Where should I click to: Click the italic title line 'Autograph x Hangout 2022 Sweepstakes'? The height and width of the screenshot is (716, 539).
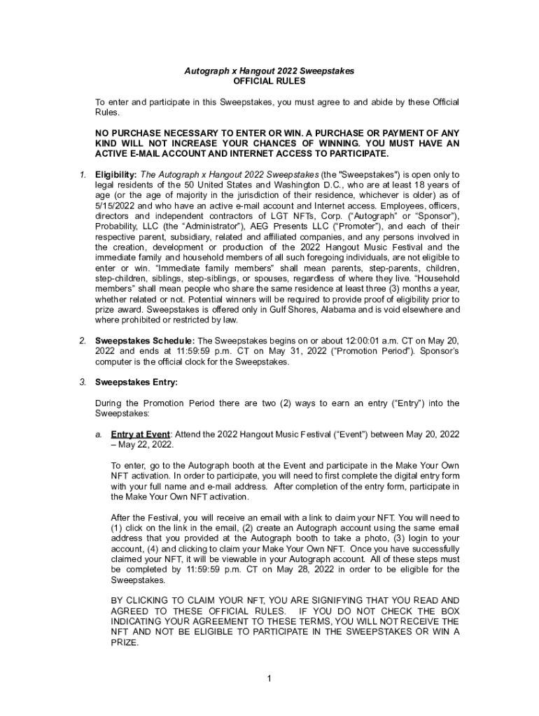click(269, 71)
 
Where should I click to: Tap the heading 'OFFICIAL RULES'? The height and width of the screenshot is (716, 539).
click(269, 81)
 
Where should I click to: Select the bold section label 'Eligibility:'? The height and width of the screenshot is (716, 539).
click(116, 174)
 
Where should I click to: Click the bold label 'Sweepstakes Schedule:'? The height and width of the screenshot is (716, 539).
click(136, 341)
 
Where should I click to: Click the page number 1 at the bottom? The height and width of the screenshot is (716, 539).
click(269, 678)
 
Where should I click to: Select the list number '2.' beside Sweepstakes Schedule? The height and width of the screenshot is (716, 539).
click(83, 341)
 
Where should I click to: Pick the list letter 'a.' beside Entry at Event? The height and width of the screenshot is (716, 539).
click(99, 434)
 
